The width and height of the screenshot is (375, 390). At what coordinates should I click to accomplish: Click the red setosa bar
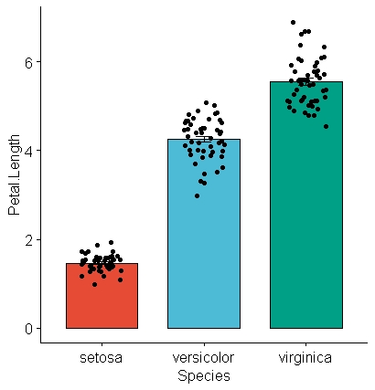102,296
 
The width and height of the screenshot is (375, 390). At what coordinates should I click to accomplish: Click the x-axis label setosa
102,358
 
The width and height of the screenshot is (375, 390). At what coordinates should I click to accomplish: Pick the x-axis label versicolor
203,358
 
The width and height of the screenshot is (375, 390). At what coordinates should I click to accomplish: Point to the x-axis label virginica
305,358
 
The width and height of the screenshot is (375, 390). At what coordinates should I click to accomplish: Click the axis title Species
203,375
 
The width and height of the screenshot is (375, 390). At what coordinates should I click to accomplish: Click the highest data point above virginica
293,22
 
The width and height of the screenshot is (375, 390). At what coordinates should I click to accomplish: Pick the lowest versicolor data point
197,195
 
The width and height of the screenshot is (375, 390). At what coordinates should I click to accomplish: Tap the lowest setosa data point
94,284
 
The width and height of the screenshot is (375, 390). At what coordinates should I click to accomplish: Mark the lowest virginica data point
326,126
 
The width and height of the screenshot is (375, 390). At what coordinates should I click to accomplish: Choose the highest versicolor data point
207,103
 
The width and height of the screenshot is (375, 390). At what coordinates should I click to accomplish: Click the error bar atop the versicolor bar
203,139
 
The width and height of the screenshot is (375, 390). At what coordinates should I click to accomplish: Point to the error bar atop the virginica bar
305,81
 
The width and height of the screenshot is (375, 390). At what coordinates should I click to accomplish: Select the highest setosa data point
111,243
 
